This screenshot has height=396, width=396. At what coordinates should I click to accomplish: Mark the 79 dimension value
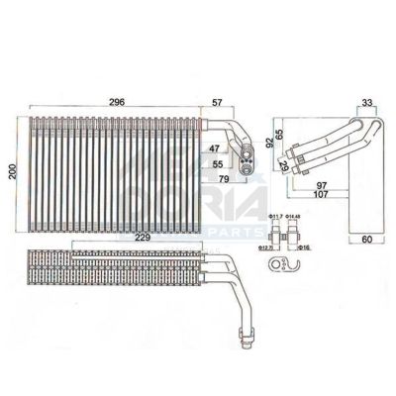point(226,179)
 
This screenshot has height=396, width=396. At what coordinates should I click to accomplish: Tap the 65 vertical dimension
point(280,132)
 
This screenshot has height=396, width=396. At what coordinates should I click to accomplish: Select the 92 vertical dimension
point(269,144)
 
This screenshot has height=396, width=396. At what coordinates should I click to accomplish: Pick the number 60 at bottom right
point(364,240)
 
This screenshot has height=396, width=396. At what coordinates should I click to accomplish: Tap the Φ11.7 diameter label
point(275,217)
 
